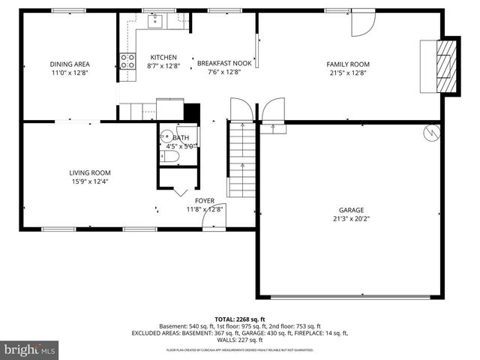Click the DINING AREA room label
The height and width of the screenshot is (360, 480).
pyautogui.click(x=69, y=64)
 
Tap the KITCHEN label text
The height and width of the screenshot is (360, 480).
pyautogui.click(x=163, y=58)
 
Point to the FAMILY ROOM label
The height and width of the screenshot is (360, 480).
pyautogui.click(x=348, y=64)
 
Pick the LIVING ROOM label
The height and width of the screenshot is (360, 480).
pyautogui.click(x=91, y=173)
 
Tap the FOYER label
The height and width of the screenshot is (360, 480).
pyautogui.click(x=205, y=201)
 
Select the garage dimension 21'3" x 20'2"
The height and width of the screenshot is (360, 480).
pyautogui.click(x=346, y=218)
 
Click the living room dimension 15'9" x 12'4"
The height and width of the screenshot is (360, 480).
pyautogui.click(x=91, y=181)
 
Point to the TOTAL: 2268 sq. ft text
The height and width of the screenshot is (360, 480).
pyautogui.click(x=239, y=318)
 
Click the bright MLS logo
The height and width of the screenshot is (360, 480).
pyautogui.click(x=30, y=349)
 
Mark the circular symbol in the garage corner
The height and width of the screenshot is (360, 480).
pyautogui.click(x=432, y=133)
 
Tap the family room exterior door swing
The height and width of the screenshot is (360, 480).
pyautogui.click(x=361, y=25)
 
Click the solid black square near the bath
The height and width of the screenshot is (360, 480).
pyautogui.click(x=192, y=111)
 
